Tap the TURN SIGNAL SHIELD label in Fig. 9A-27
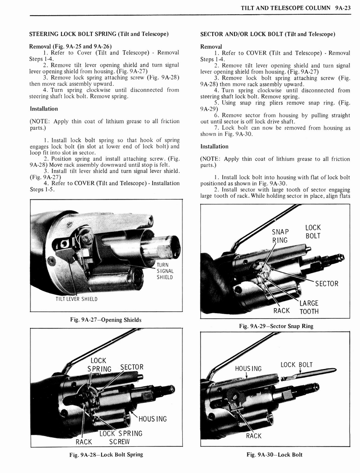click(x=165, y=271)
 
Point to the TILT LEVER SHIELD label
click(x=76, y=299)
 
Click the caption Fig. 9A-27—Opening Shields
click(x=106, y=320)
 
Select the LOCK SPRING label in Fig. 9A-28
click(x=99, y=364)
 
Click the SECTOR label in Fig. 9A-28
click(x=132, y=367)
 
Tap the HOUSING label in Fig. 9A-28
click(x=152, y=419)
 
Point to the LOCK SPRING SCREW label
click(x=121, y=437)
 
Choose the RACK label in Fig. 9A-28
click(x=84, y=442)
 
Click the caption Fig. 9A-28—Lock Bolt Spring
click(x=106, y=454)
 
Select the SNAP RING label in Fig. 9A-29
click(x=280, y=236)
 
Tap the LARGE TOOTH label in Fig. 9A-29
click(x=309, y=307)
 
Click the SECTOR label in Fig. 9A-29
click(x=326, y=284)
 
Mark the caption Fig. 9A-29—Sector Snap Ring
click(x=276, y=326)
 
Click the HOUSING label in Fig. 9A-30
click(x=248, y=369)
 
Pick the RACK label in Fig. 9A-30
click(x=253, y=436)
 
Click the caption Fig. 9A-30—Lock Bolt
click(x=275, y=454)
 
